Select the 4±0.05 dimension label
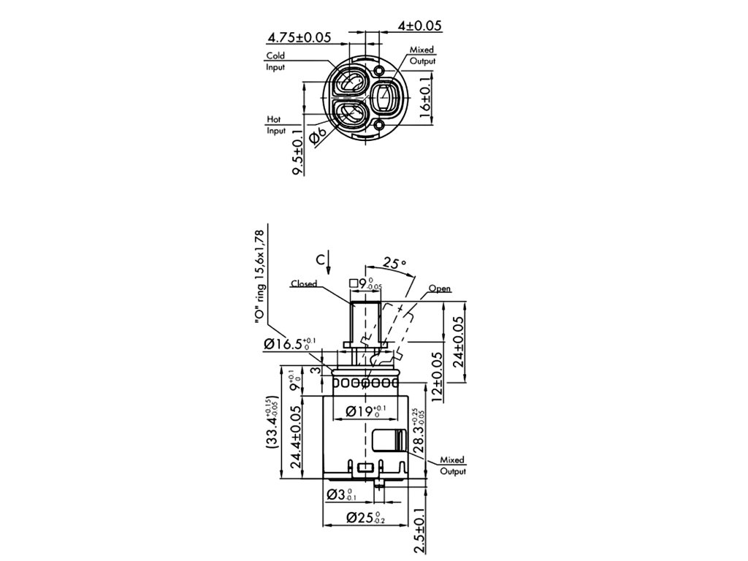click(x=420, y=26)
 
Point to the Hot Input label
click(x=275, y=125)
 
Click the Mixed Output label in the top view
click(x=422, y=56)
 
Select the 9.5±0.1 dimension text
click(x=297, y=151)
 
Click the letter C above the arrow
click(x=320, y=259)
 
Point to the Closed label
click(x=303, y=283)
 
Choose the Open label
click(x=440, y=289)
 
